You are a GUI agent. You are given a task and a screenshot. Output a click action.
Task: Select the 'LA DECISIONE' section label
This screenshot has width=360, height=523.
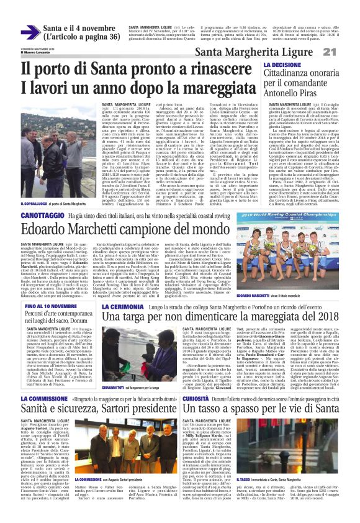pyautogui.click(x=282, y=65)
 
